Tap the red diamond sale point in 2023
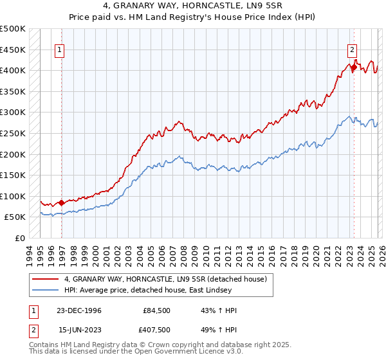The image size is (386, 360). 353,66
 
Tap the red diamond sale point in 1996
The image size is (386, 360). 62,203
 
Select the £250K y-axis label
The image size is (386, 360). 13,134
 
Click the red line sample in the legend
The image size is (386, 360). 46,278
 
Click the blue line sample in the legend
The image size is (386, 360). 46,291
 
